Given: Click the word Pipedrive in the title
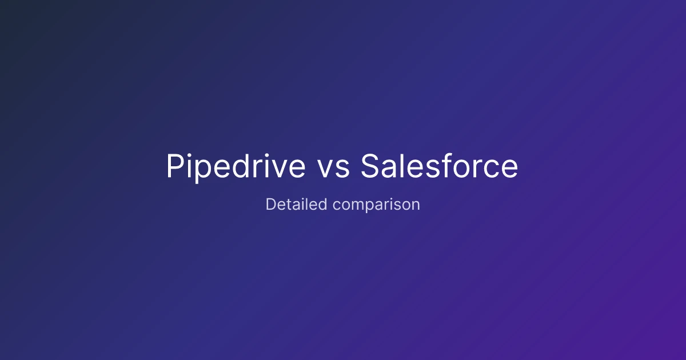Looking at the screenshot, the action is (236, 167).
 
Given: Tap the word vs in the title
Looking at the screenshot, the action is (333, 169).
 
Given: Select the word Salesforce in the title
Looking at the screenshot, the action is (439, 166).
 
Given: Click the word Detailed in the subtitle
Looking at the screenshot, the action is (296, 204).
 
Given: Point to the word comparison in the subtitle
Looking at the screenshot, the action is (376, 205).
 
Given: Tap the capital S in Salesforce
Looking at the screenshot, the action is (370, 166).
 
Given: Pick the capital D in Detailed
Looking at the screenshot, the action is (271, 204).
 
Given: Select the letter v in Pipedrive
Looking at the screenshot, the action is (277, 169).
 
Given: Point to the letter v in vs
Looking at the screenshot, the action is (327, 169).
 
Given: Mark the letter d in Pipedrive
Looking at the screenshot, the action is (241, 165).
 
